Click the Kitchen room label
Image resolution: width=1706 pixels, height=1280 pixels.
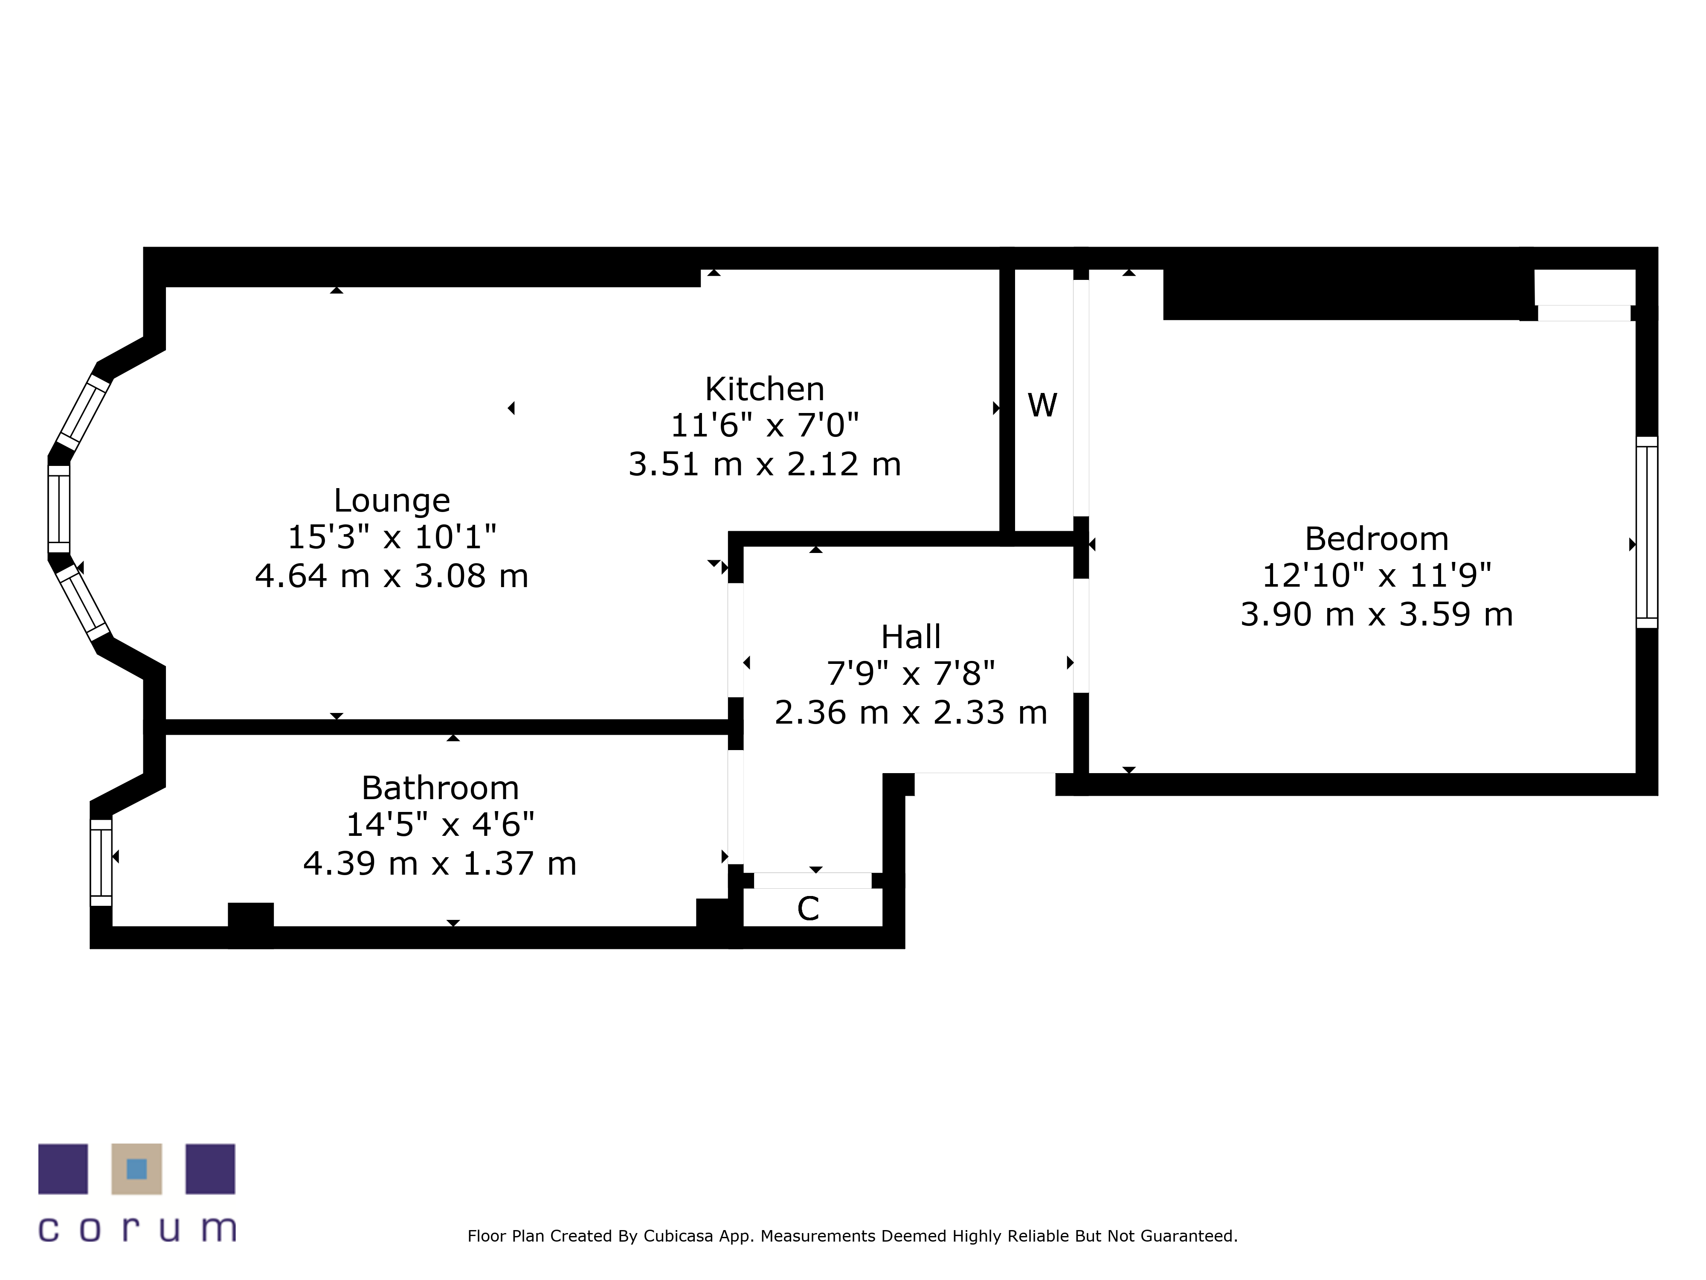764,389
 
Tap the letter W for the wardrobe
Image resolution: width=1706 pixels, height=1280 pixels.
1042,405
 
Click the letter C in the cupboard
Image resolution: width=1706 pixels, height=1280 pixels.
807,909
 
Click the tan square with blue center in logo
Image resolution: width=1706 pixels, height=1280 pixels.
136,1169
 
